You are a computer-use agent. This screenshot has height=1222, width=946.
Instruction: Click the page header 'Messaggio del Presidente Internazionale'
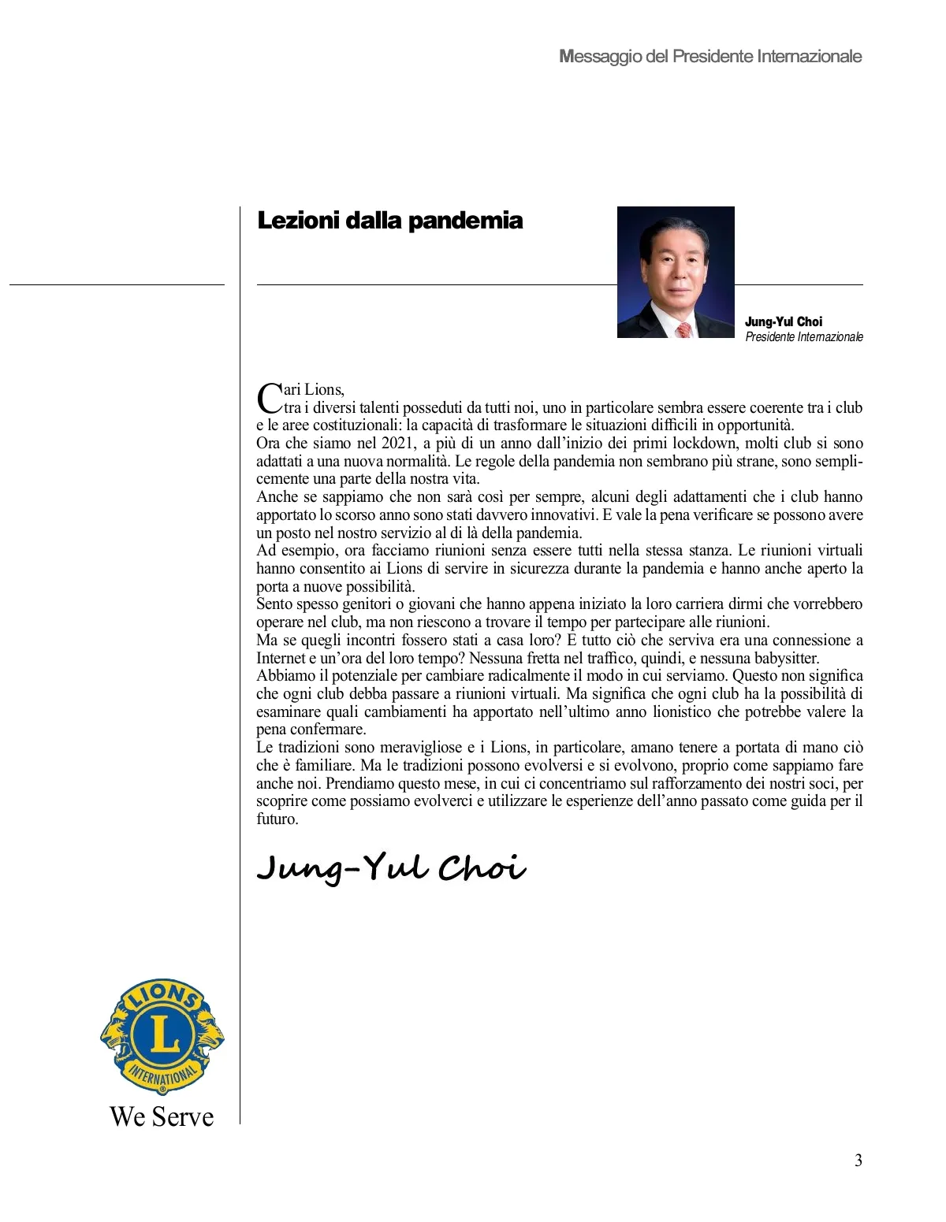click(x=710, y=57)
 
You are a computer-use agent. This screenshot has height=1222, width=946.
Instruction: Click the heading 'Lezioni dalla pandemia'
click(x=390, y=221)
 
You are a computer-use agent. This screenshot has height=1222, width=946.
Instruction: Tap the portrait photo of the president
click(x=676, y=272)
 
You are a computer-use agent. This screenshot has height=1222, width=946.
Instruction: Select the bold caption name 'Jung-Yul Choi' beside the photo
click(x=783, y=321)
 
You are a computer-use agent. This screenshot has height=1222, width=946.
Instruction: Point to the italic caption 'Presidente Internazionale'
click(x=804, y=337)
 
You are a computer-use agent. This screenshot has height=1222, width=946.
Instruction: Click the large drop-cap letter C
click(x=269, y=398)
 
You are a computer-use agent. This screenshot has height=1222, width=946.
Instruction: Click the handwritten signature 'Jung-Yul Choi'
click(x=391, y=867)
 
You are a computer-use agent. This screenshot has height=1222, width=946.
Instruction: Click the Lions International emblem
click(x=162, y=1037)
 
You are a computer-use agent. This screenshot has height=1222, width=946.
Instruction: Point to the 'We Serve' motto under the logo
click(x=162, y=1116)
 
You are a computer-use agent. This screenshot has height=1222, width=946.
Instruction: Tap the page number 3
click(x=858, y=1161)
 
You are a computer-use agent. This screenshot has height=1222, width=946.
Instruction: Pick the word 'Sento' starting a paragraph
click(x=274, y=604)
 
